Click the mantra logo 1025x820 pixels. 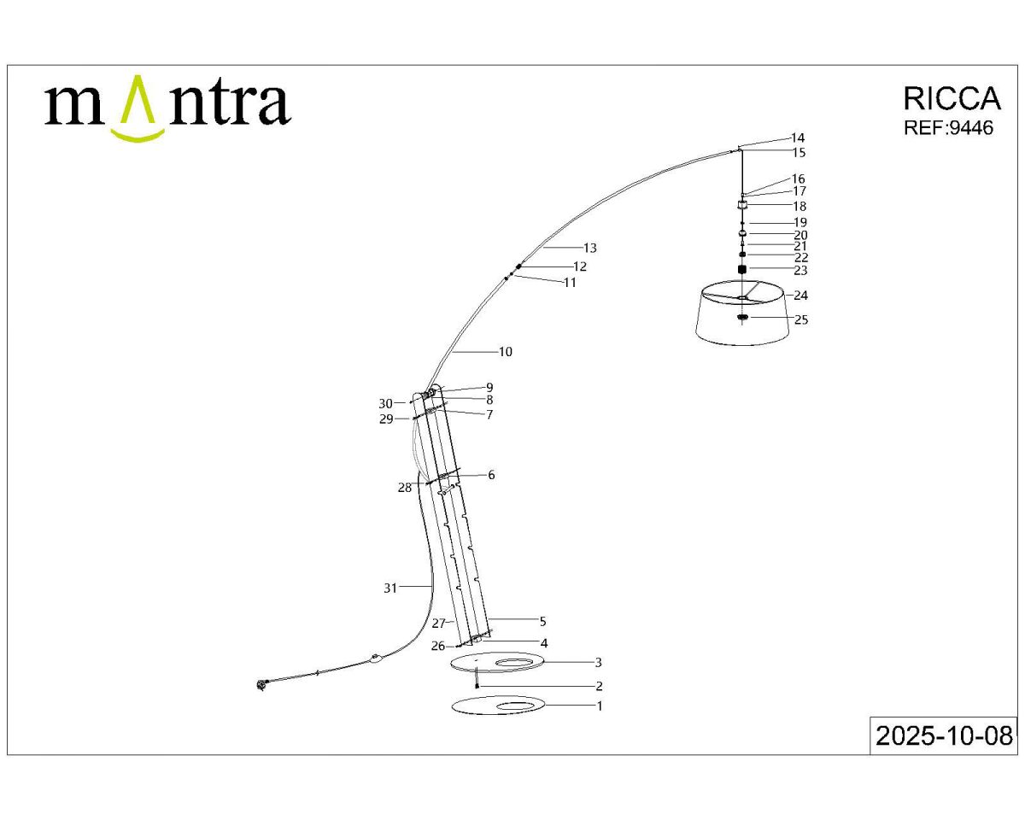(x=167, y=106)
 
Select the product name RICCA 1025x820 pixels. (x=951, y=99)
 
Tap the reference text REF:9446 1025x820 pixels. (x=948, y=128)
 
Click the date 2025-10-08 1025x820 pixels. (x=944, y=735)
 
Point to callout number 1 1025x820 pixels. (x=599, y=706)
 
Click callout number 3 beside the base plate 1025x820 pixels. (x=599, y=662)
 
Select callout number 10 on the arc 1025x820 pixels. (x=505, y=352)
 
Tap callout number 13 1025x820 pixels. (x=589, y=249)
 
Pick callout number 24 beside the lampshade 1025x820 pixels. (x=800, y=296)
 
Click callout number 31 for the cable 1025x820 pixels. (x=390, y=588)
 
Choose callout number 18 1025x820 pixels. (x=799, y=207)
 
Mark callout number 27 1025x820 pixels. (x=438, y=624)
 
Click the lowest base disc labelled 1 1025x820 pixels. (x=498, y=706)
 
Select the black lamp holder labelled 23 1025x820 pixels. (x=742, y=270)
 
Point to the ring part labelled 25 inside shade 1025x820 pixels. (x=742, y=319)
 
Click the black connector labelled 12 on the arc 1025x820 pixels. (x=518, y=267)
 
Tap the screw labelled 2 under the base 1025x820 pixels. (x=476, y=684)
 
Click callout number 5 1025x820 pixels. (x=542, y=622)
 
